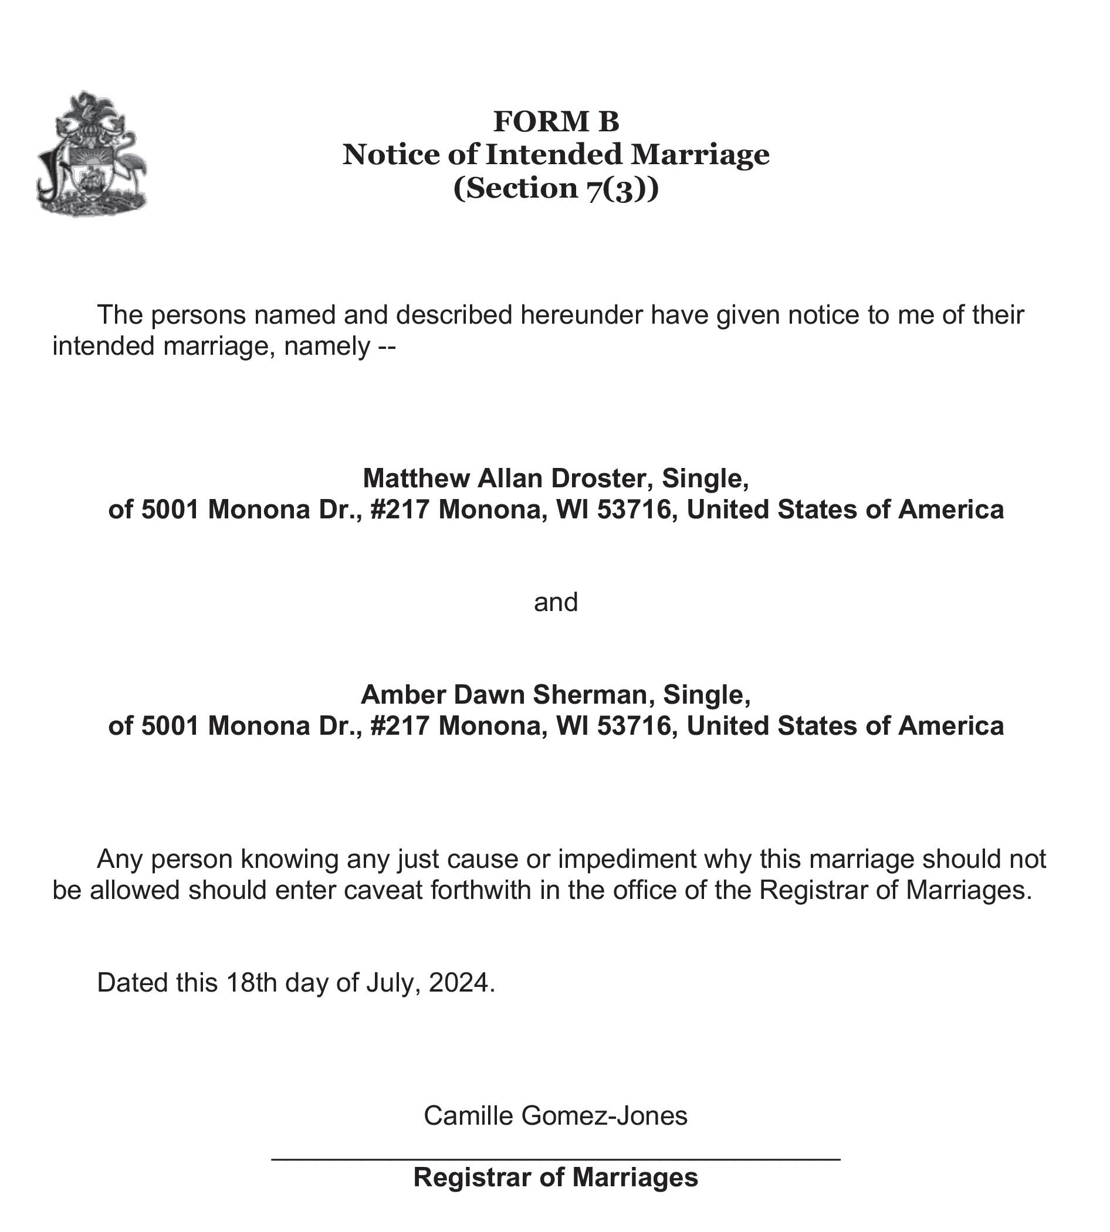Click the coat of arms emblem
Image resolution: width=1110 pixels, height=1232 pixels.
pyautogui.click(x=92, y=154)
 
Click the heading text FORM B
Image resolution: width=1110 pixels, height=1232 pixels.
pyautogui.click(x=556, y=121)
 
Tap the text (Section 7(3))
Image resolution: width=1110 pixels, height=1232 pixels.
pyautogui.click(x=556, y=188)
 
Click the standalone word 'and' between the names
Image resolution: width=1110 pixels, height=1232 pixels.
pyautogui.click(x=556, y=602)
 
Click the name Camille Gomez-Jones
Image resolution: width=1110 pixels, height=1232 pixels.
pyautogui.click(x=556, y=1115)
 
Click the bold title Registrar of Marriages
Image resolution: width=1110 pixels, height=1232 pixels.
pyautogui.click(x=556, y=1177)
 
